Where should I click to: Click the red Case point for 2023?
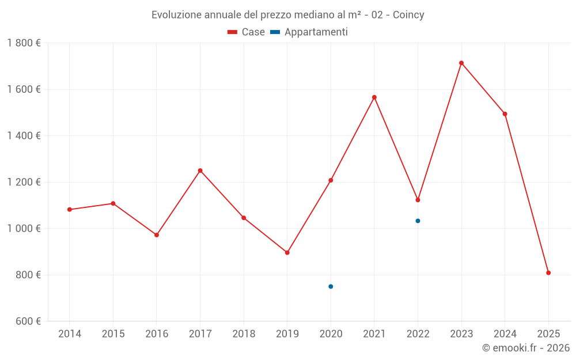461,63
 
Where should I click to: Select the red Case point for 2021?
374,97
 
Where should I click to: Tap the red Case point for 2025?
548,273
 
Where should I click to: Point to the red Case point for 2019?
287,252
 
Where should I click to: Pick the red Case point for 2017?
200,170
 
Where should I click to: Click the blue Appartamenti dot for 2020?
331,286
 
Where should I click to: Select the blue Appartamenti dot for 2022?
418,221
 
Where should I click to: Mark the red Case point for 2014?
70,210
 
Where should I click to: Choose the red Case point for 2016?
157,235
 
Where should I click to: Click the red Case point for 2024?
505,114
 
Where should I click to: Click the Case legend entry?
247,32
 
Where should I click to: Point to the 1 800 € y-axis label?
24,43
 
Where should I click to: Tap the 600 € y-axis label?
27,321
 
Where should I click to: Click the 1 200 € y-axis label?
24,182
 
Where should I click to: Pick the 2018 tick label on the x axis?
244,334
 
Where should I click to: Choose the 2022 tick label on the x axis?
418,334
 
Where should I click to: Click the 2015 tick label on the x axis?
113,334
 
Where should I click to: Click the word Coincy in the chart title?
408,15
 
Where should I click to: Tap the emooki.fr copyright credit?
525,348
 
